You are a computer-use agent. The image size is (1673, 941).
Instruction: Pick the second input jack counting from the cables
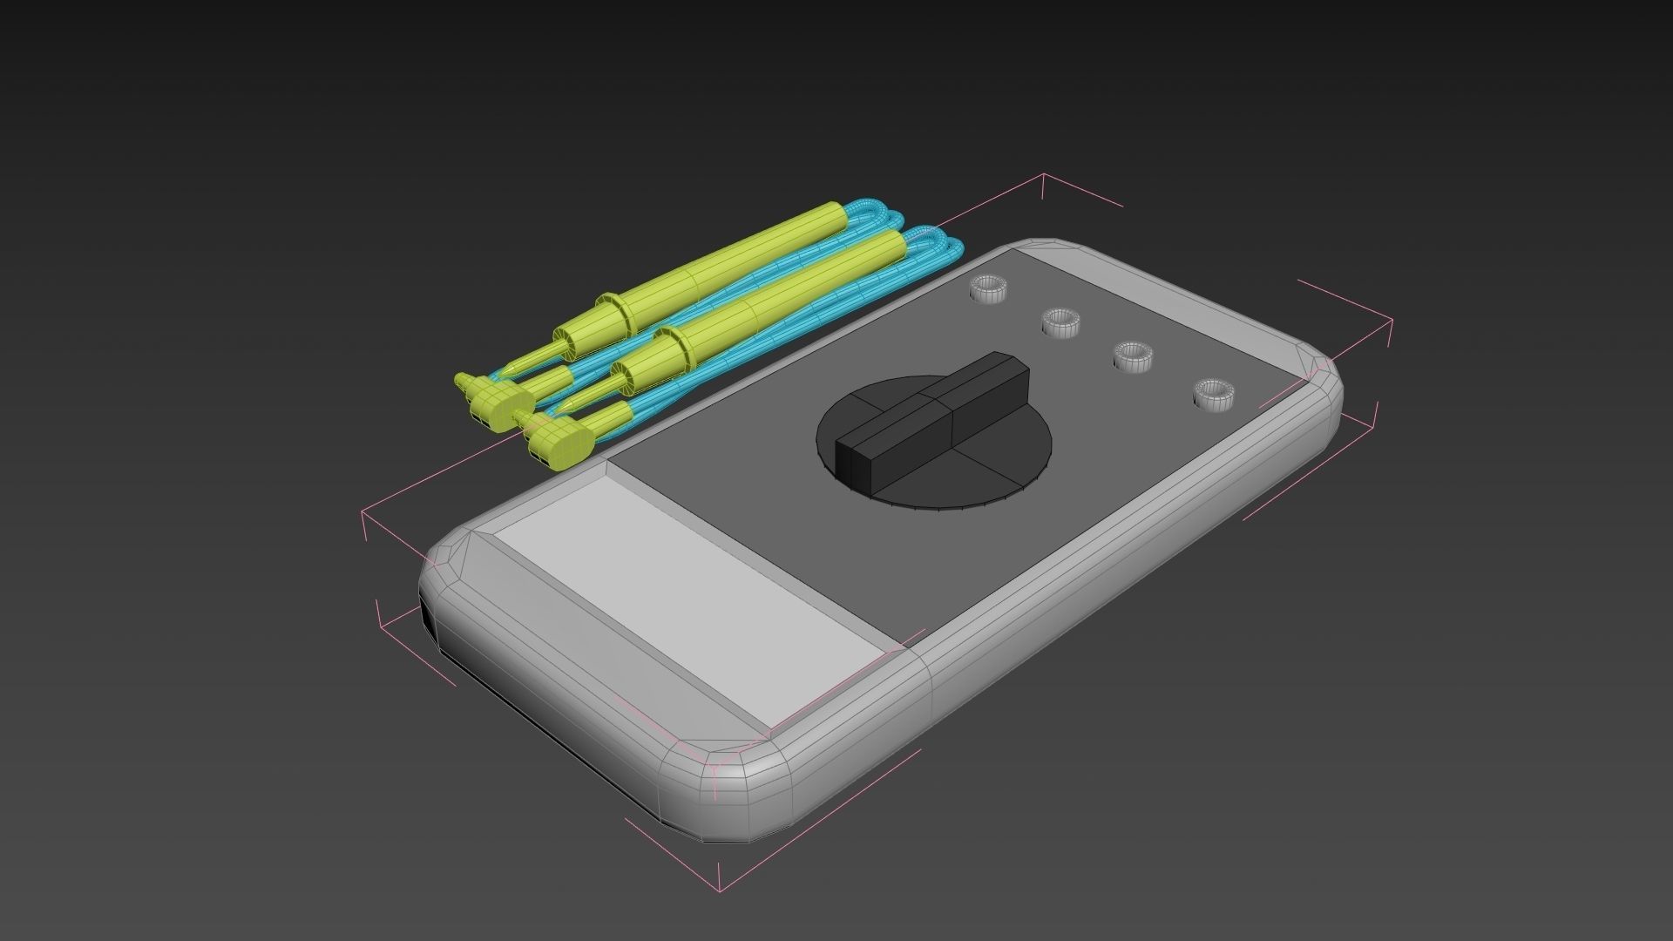[x=1060, y=322]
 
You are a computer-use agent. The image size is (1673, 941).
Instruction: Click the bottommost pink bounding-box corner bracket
[x=720, y=889]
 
